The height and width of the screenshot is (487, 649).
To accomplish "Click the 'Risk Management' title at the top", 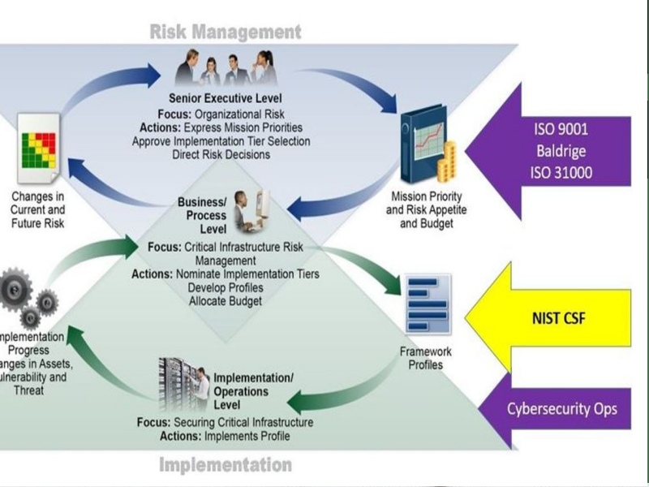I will tap(225, 32).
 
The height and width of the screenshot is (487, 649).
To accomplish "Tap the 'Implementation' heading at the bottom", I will tap(225, 465).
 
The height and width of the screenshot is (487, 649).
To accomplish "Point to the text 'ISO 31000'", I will tap(562, 171).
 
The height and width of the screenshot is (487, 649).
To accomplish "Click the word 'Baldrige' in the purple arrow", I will tap(562, 150).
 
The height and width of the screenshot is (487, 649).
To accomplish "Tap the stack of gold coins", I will tap(445, 162).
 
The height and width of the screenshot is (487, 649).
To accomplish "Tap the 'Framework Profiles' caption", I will tap(425, 358).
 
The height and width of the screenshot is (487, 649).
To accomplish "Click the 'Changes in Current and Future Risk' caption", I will tap(37, 209).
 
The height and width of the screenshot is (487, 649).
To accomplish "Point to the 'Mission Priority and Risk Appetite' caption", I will tap(428, 209).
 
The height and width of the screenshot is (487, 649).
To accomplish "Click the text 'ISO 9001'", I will tap(562, 129).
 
